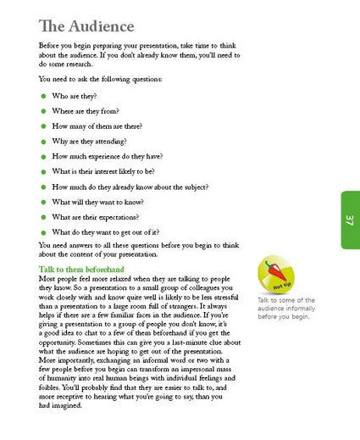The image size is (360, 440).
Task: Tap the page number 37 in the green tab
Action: tap(348, 220)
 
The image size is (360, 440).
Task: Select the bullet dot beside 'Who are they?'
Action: tap(44, 97)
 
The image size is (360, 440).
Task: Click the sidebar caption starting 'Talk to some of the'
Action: tap(285, 309)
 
